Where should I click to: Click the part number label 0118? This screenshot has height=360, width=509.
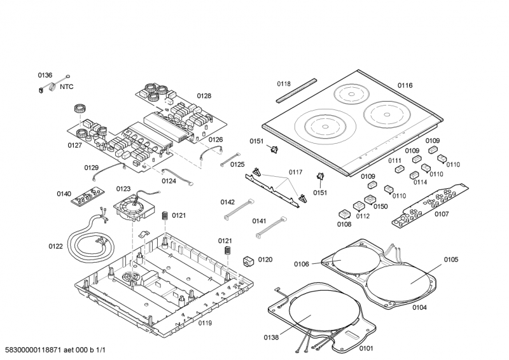283,84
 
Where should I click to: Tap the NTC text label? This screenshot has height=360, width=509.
67,87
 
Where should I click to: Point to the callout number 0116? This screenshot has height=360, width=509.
405,85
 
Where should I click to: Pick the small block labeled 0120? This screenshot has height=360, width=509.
248,261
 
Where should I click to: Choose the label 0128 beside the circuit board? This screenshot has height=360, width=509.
204,96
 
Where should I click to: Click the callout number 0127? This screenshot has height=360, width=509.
75,146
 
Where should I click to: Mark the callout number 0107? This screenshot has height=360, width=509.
442,214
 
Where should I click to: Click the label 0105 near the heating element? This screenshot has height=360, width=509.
451,260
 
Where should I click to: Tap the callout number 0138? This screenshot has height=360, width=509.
271,337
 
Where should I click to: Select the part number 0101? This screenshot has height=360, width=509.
366,348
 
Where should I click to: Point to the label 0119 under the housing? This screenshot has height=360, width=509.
204,323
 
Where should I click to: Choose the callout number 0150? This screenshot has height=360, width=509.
380,206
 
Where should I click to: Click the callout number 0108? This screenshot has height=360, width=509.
344,224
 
